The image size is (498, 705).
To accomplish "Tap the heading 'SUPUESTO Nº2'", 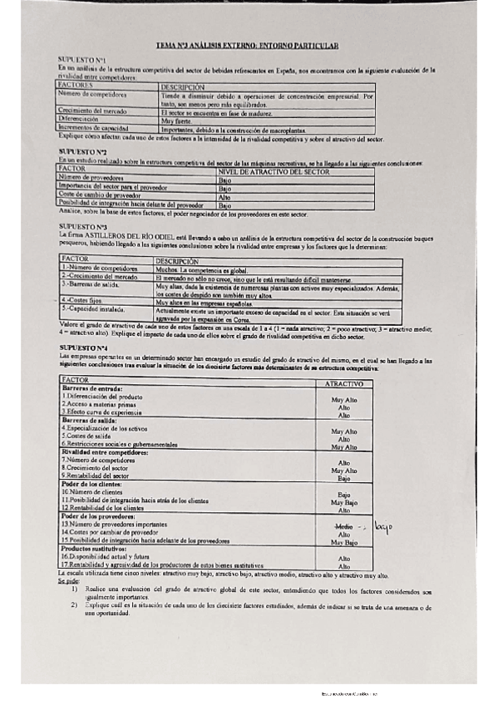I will pos(81,151).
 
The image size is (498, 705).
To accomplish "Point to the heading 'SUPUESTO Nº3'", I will pos(81,225).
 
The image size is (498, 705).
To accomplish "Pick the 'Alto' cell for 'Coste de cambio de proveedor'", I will pos(224,196).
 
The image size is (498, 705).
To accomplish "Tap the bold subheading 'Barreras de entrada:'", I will pos(92,389).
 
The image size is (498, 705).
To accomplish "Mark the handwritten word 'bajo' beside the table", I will pos(382,527).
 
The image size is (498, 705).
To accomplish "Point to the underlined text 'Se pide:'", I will pos(68,582).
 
